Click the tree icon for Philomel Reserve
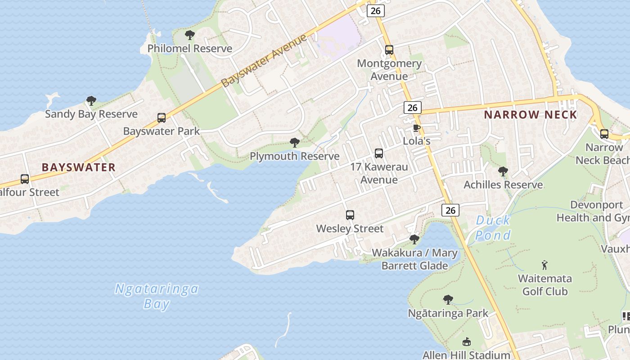tap(190, 35)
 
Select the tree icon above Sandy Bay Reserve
tap(91, 100)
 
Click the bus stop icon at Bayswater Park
tap(162, 118)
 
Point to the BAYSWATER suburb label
tap(79, 167)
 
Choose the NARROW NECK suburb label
tap(531, 115)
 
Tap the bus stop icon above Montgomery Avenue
tap(389, 50)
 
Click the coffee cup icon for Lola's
tap(417, 128)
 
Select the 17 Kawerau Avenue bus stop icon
tap(379, 153)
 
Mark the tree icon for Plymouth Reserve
tap(295, 143)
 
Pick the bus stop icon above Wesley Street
tap(350, 215)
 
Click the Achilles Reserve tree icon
tap(503, 171)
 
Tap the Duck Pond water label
tap(493, 228)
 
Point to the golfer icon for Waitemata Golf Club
tap(545, 265)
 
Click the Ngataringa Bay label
tap(157, 296)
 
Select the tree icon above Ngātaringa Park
tap(448, 300)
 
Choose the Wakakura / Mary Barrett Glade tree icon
tap(414, 239)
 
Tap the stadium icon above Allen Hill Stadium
tap(467, 342)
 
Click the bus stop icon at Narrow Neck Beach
tap(604, 134)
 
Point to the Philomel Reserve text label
tap(190, 49)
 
